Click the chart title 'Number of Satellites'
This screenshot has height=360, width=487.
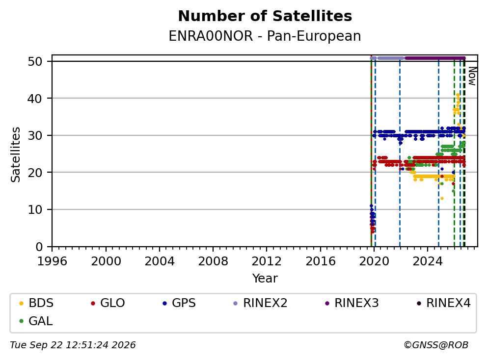[x=265, y=16]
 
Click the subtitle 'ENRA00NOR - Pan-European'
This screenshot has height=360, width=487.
[x=265, y=36]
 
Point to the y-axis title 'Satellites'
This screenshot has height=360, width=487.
[x=15, y=154]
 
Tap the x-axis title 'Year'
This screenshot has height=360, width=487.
[x=265, y=279]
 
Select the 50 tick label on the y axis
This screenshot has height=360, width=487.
[x=35, y=61]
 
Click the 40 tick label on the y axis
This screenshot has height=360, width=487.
[x=35, y=99]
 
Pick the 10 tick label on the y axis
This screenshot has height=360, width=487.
[x=35, y=210]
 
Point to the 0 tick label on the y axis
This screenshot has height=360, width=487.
[x=39, y=247]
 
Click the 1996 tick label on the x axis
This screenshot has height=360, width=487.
[x=52, y=261]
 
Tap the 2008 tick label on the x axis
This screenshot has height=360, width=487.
[x=213, y=261]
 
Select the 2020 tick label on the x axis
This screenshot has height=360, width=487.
[x=374, y=261]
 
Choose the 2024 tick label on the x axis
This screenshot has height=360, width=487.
[x=428, y=261]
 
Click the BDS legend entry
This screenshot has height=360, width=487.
[x=36, y=303]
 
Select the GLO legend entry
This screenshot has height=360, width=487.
[x=108, y=303]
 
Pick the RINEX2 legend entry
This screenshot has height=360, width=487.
[x=260, y=303]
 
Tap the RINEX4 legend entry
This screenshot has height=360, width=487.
[x=443, y=303]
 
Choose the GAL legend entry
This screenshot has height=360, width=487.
[x=36, y=321]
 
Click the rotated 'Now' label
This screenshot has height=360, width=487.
[x=472, y=76]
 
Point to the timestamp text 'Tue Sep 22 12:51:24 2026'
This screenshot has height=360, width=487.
[x=73, y=345]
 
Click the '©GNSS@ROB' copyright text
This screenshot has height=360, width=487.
[x=436, y=345]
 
